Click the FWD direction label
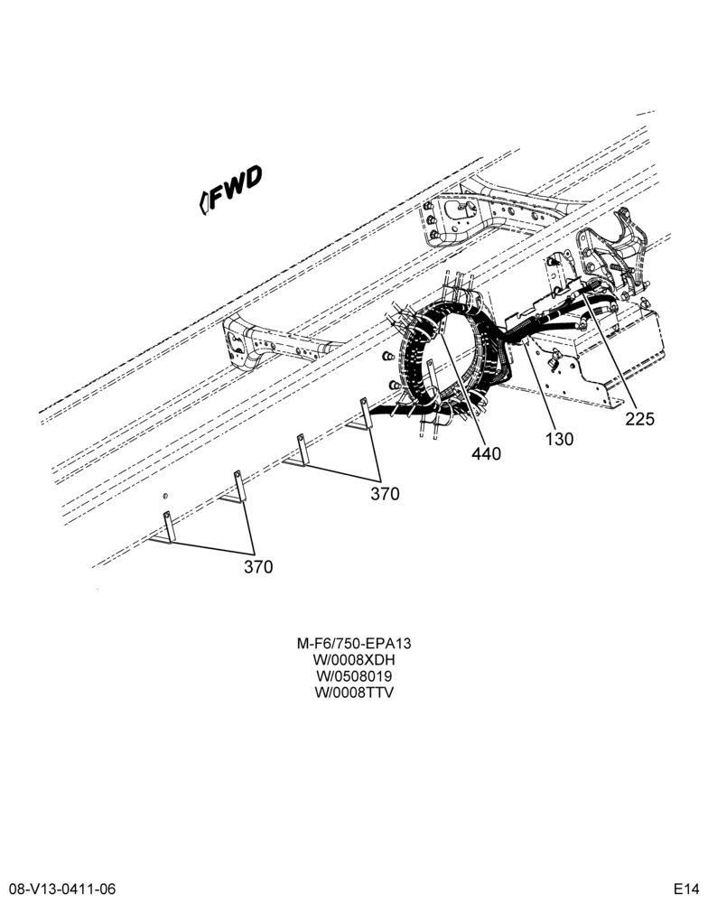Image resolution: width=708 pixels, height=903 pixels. (230, 189)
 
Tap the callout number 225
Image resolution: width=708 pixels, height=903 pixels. (640, 419)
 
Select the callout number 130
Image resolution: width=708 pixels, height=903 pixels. (559, 439)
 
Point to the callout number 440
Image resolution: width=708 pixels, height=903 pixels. (486, 454)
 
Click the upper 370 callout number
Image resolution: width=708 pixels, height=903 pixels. (385, 494)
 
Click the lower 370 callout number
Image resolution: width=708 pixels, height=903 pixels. (258, 567)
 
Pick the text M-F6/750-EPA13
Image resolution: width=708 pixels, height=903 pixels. (354, 643)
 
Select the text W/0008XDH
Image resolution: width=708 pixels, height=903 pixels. (354, 659)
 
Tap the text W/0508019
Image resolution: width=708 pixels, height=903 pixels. (354, 675)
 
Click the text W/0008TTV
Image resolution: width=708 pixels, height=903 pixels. (354, 693)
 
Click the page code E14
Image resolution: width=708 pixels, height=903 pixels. (687, 889)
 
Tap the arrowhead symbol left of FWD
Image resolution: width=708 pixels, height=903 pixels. (203, 202)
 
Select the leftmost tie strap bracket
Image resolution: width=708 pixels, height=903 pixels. (163, 528)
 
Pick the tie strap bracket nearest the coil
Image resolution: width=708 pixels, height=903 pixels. (360, 414)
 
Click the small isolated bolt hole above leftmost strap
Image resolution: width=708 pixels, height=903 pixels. (165, 495)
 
